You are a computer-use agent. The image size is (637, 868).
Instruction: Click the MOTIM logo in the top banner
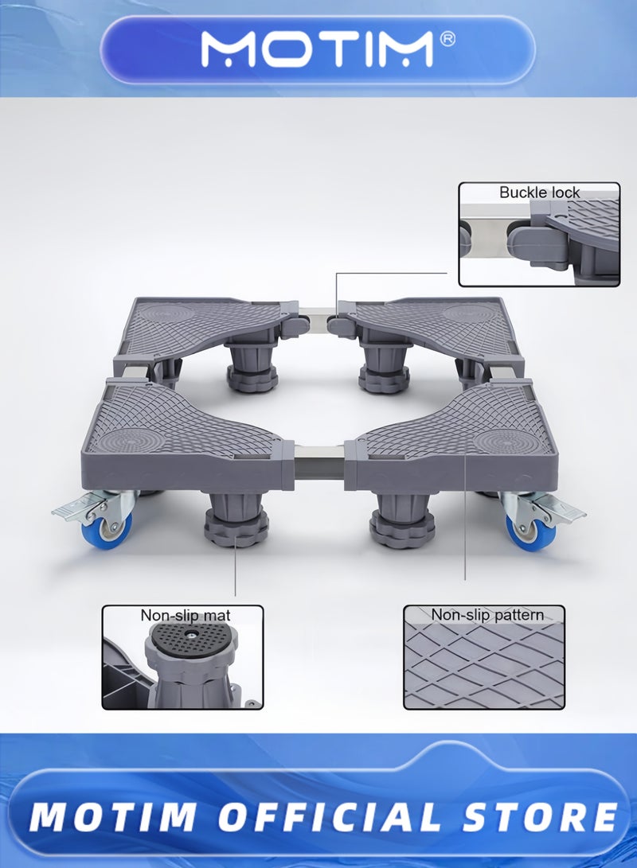[318, 49]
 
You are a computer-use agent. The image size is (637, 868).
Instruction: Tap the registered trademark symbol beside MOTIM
[447, 40]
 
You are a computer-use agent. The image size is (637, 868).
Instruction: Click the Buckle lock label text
[539, 193]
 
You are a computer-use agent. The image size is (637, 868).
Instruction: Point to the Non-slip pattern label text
[488, 614]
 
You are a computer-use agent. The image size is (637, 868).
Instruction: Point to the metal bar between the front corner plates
[320, 462]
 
